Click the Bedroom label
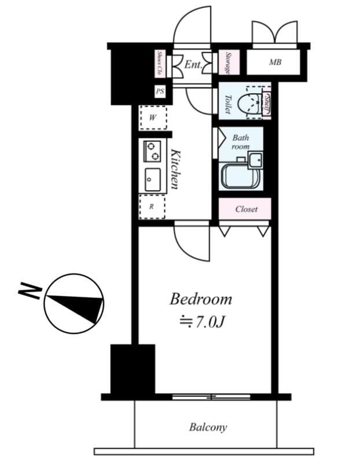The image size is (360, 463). pos(200,299)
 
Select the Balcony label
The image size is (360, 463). pos(208,428)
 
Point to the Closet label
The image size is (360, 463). pos(245,209)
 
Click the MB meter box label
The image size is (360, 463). pos(275,62)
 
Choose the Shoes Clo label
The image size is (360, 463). pos(160,64)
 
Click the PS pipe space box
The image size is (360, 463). pos(160,91)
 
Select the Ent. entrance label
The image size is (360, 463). pos(193,65)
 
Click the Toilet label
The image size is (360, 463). pos(227,104)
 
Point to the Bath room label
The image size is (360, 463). pos(240,142)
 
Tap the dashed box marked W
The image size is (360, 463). pos(153,117)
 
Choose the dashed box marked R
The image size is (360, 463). pos(152,206)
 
